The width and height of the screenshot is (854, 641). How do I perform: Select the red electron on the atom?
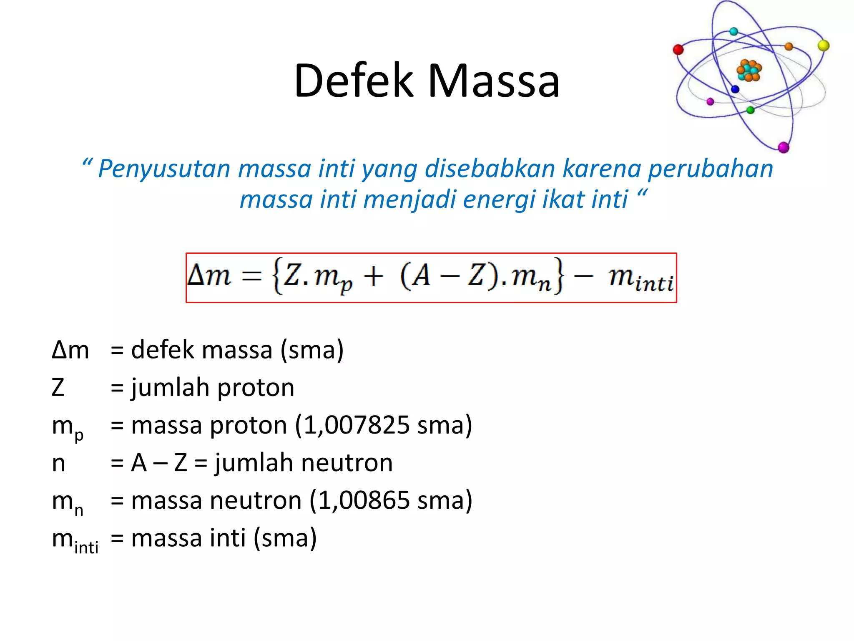(x=678, y=50)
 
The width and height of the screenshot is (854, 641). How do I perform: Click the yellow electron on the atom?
(x=824, y=45)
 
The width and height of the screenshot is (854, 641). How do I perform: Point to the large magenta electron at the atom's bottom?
(x=784, y=147)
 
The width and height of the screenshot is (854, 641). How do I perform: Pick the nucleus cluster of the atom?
(x=749, y=71)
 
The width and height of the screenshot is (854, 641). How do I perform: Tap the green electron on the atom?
(x=751, y=110)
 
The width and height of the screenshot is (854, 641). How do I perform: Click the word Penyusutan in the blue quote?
(x=164, y=169)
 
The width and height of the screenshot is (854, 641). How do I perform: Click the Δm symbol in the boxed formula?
(x=209, y=276)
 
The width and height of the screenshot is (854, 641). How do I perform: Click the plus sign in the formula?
(x=373, y=277)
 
